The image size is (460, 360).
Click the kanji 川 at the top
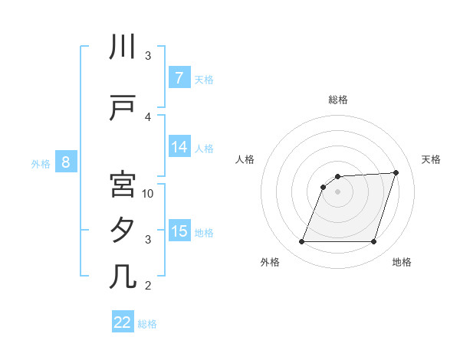[123, 47]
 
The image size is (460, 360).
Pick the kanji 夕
[123, 231]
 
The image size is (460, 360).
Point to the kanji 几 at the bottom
[123, 277]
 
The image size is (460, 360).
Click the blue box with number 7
[179, 78]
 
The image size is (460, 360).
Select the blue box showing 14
[179, 148]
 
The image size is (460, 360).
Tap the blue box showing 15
[179, 231]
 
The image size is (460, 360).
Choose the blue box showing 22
[123, 322]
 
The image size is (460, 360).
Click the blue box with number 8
[66, 162]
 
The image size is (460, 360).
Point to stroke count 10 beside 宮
[148, 194]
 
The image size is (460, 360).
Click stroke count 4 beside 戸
[148, 116]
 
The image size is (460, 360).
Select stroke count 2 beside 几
[148, 286]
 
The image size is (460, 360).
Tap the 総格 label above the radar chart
[337, 100]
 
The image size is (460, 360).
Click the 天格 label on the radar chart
[432, 159]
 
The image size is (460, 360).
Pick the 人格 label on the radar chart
[245, 159]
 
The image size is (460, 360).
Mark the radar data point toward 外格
[301, 242]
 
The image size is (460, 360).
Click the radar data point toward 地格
[373, 242]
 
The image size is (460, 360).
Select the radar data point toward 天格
[396, 172]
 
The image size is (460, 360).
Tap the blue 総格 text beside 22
[147, 323]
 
